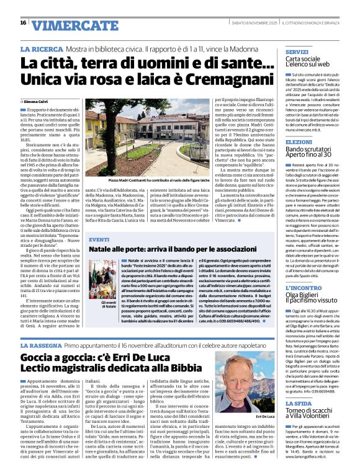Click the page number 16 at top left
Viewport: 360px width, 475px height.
pyautogui.click(x=23, y=23)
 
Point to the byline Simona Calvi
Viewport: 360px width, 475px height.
pyautogui.click(x=37, y=100)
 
